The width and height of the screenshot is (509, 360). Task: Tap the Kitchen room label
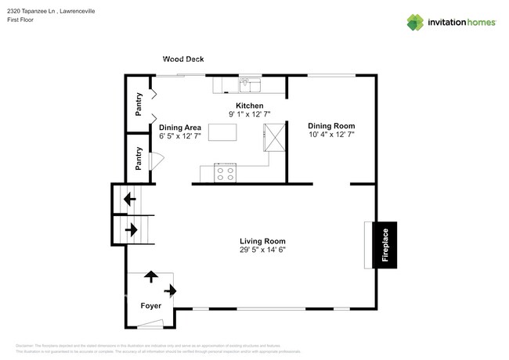tap(250, 106)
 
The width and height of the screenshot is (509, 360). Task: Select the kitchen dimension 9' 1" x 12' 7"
tap(250, 114)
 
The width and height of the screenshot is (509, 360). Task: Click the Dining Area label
tap(180, 127)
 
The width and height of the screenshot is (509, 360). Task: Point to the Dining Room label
tap(331, 125)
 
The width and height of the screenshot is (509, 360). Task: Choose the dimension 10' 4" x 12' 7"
tap(331, 134)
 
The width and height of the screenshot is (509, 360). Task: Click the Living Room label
tap(262, 241)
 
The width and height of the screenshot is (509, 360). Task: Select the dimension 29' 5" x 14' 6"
tap(262, 250)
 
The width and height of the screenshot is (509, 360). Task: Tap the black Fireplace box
tap(384, 243)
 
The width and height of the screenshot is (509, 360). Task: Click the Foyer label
tap(151, 306)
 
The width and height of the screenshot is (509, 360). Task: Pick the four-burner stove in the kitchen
tap(226, 174)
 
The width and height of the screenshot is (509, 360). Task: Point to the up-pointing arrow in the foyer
tap(150, 276)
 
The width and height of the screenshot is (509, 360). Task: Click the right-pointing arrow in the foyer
tap(171, 291)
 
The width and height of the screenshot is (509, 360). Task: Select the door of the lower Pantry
tap(156, 160)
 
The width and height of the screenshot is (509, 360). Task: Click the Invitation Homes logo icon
tap(416, 23)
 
